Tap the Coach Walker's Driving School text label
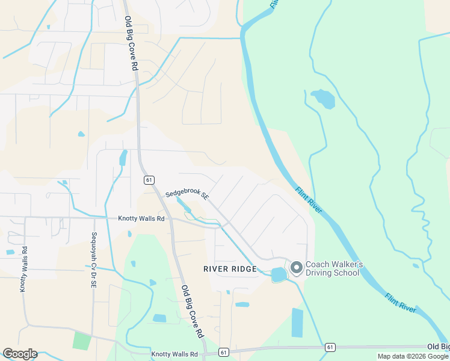coord(333,268)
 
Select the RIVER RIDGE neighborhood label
coord(230,269)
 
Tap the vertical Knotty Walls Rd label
coord(23,269)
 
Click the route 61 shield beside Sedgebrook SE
coord(149,180)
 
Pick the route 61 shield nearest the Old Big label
coord(330,347)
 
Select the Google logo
coord(20,354)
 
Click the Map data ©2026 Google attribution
coord(413,356)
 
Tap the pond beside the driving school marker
coord(279,275)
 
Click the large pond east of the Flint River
coord(323,99)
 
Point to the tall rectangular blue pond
coord(297,322)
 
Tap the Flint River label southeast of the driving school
coord(400,299)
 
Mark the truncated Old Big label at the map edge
coord(438,347)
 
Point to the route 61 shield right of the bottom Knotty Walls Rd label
coord(224,352)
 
